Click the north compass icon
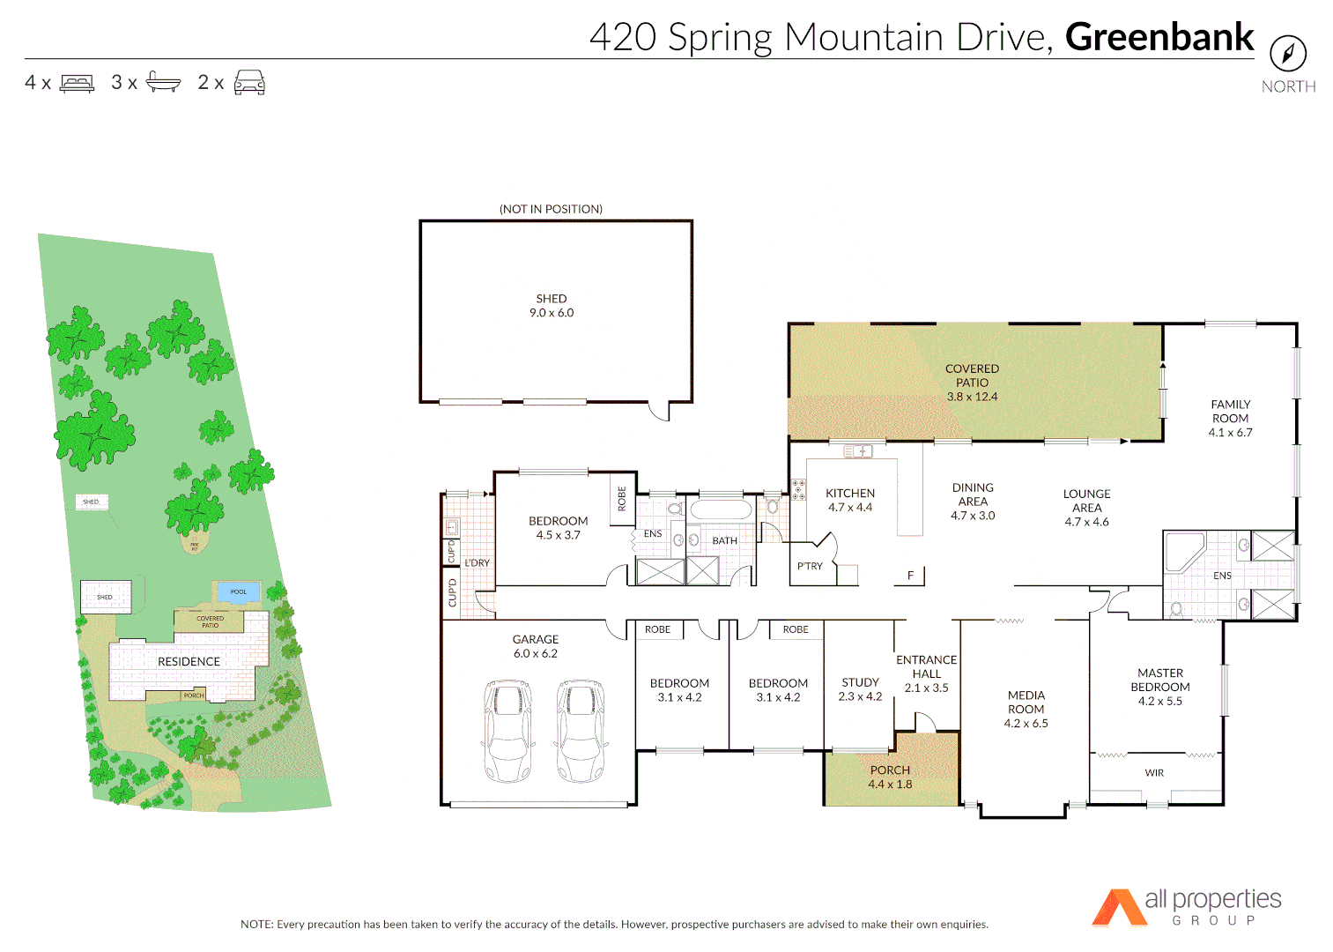1287,54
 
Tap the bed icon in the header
77,84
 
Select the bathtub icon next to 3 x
163,83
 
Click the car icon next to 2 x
249,83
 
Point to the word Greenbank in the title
1159,37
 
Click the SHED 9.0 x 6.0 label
552,306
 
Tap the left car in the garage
507,731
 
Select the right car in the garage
581,731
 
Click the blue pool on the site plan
238,591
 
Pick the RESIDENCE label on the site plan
189,661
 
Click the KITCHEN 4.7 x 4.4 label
850,500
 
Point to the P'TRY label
810,566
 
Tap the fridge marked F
910,576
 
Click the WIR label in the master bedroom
1154,773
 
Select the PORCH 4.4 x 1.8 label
890,777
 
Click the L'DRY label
477,562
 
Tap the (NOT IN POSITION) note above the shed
551,209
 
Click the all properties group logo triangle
1117,909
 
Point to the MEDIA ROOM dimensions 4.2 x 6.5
1026,724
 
